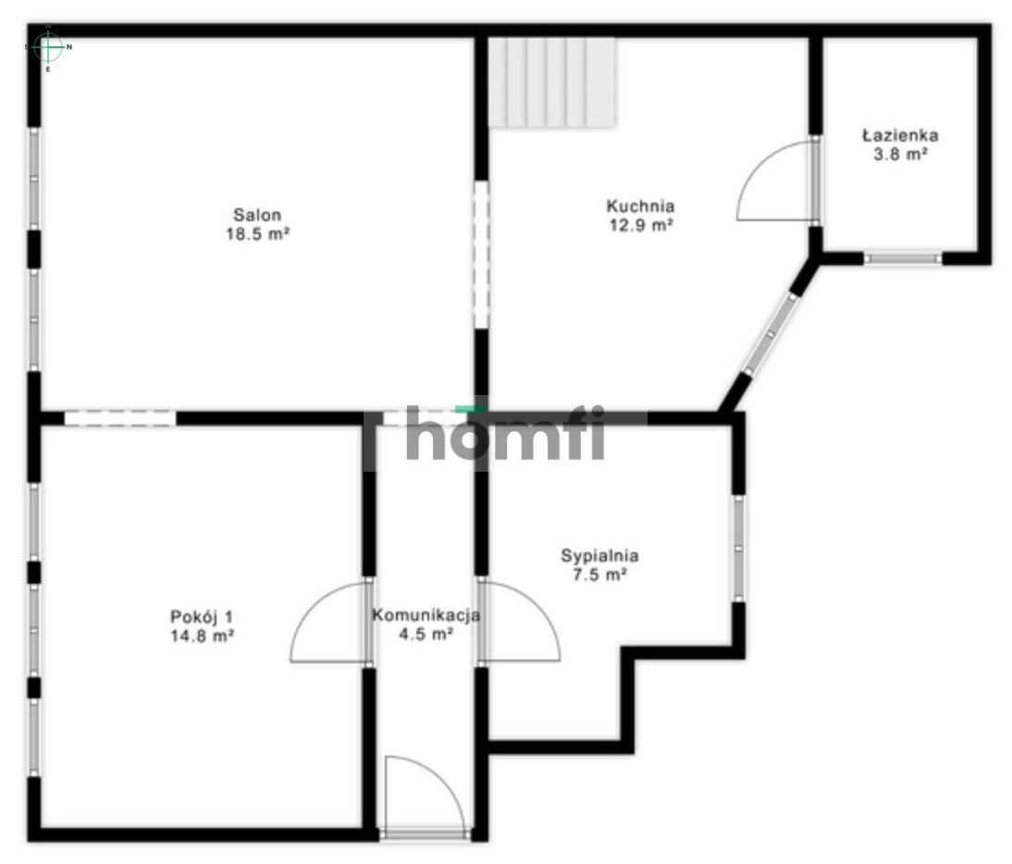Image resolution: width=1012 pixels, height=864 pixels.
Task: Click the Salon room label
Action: pos(257,215)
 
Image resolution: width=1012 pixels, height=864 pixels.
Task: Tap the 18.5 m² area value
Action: pos(257,234)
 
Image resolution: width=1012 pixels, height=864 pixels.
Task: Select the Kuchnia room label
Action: pos(640,206)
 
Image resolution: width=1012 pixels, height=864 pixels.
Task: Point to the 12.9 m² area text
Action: pos(642,225)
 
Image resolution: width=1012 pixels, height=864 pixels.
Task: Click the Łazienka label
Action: pos(900,135)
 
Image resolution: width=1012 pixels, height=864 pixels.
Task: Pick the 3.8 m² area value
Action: pos(900,154)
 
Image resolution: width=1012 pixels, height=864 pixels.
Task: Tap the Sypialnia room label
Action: pos(599,556)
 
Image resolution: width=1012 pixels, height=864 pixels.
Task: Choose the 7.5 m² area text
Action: pos(600,574)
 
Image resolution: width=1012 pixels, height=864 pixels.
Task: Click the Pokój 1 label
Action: pos(202,616)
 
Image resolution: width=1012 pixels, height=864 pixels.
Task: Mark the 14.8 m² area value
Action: pos(202,636)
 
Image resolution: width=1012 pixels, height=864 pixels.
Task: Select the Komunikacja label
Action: pos(426,615)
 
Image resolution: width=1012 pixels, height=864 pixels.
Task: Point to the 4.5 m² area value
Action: pos(426,635)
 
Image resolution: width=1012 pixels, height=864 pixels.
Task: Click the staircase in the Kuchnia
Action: pos(551,82)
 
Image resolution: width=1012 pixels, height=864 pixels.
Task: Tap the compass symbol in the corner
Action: pos(48,47)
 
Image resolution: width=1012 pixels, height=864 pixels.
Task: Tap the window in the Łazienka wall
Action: pos(903,259)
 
